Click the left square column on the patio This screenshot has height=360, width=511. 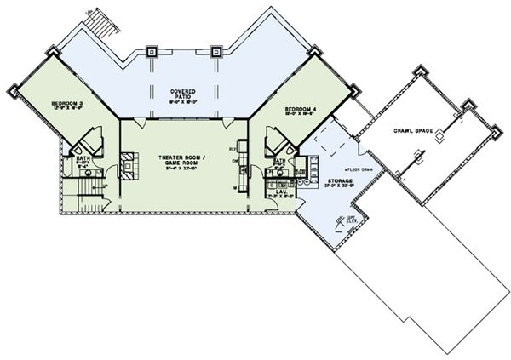152,52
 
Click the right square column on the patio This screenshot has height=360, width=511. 216,52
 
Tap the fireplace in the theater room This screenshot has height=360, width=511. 126,163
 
